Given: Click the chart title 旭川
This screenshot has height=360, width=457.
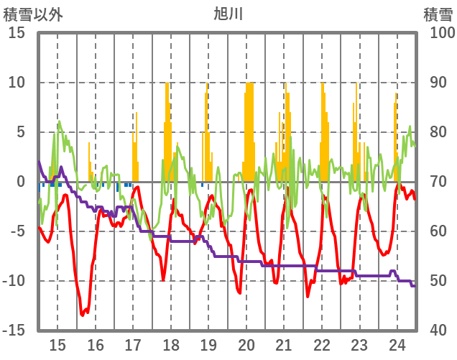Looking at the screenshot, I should [x=228, y=13].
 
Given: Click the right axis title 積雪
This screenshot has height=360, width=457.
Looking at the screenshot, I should [x=438, y=13].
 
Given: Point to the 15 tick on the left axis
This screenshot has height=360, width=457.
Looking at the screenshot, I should [x=16, y=33].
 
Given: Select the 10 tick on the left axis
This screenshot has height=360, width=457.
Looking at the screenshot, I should [x=16, y=83].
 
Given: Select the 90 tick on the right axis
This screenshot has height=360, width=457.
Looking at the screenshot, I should [x=438, y=83].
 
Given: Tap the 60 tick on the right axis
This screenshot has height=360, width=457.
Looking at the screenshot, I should [x=438, y=231].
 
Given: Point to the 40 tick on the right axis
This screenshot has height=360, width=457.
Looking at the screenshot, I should [x=438, y=331].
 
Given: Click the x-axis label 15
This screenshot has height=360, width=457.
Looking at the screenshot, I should [x=57, y=343].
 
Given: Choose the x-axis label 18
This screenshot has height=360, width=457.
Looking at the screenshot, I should [x=171, y=343].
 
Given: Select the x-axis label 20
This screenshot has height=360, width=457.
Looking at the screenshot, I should [x=246, y=343].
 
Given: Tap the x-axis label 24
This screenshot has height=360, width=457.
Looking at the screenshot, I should [x=397, y=343].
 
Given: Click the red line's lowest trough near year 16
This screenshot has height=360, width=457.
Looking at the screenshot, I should [x=83, y=314].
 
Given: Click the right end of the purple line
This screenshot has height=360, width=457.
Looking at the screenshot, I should [x=414, y=286].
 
